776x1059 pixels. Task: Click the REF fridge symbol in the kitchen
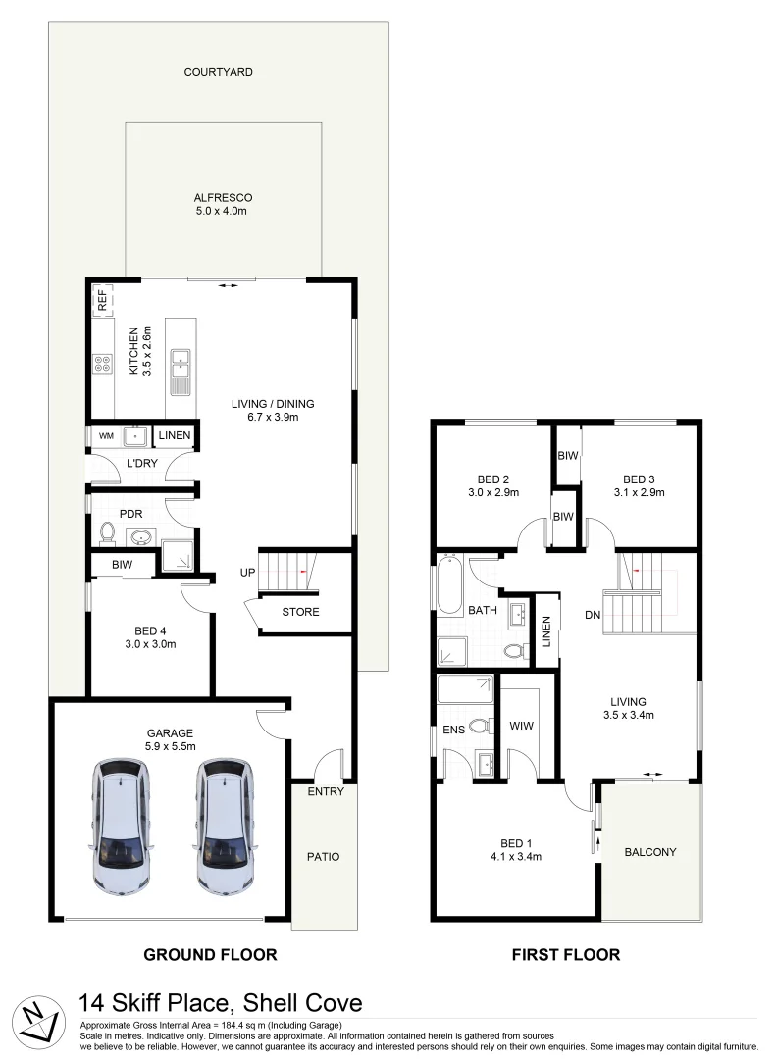pyautogui.click(x=101, y=300)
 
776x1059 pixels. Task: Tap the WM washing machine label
pyautogui.click(x=106, y=434)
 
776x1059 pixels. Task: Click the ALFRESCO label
pyautogui.click(x=223, y=198)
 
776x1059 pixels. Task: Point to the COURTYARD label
pyautogui.click(x=218, y=72)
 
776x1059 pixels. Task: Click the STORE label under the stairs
pyautogui.click(x=300, y=612)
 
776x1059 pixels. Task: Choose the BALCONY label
pyautogui.click(x=650, y=852)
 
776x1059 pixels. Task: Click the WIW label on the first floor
pyautogui.click(x=520, y=727)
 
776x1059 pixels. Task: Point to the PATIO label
pyautogui.click(x=323, y=856)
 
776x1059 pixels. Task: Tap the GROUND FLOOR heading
pyautogui.click(x=210, y=954)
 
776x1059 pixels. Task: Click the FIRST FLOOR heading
pyautogui.click(x=566, y=954)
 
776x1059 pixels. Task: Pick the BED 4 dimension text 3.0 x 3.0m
pyautogui.click(x=147, y=645)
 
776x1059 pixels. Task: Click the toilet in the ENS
pyautogui.click(x=479, y=727)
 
